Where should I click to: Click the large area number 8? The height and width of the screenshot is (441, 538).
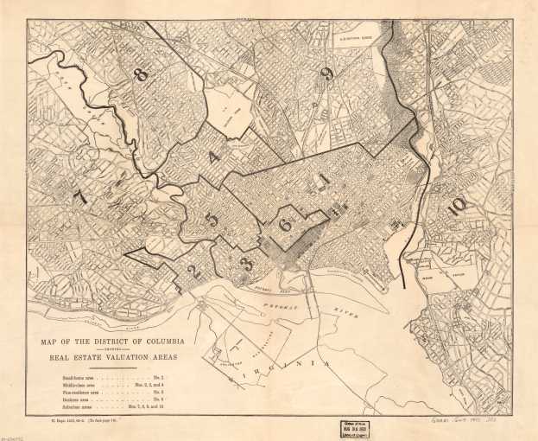point(141,74)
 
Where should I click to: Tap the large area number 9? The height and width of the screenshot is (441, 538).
point(326,73)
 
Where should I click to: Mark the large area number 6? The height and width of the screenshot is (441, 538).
point(285,223)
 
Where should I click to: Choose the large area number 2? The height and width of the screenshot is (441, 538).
point(193,272)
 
